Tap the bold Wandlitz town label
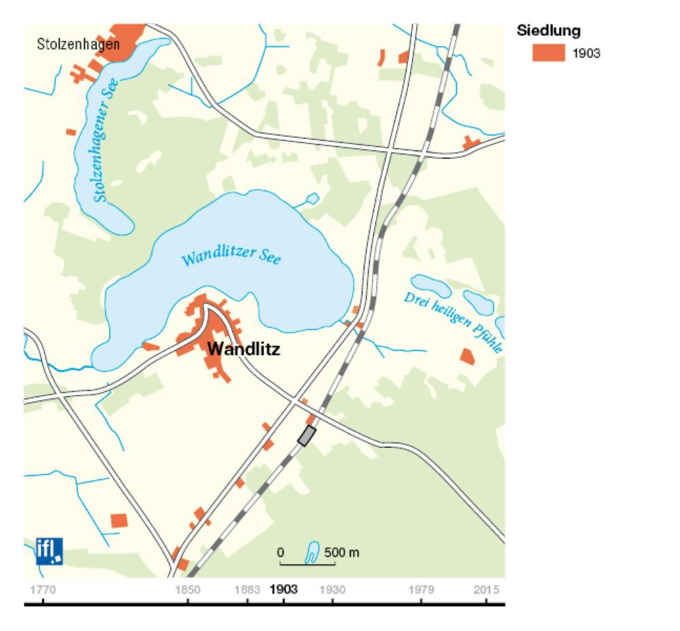pyautogui.click(x=243, y=349)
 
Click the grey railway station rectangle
pyautogui.click(x=307, y=435)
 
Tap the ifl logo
pyautogui.click(x=49, y=550)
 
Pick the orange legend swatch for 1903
pyautogui.click(x=548, y=53)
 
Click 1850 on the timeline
pyautogui.click(x=188, y=589)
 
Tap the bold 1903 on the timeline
pyautogui.click(x=284, y=589)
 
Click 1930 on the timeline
pyautogui.click(x=333, y=589)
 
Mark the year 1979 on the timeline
pyautogui.click(x=421, y=589)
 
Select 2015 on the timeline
pyautogui.click(x=489, y=589)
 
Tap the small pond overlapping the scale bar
pyautogui.click(x=313, y=552)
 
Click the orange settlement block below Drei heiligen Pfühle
pyautogui.click(x=467, y=356)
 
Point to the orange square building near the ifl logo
pyautogui.click(x=119, y=520)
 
